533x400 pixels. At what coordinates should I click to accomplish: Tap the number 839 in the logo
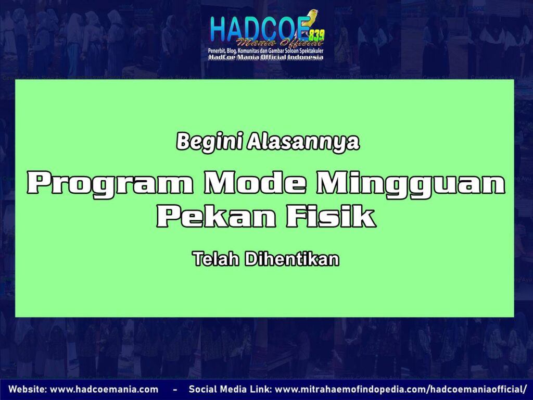[316, 35]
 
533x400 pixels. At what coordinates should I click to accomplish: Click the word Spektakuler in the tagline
[308, 51]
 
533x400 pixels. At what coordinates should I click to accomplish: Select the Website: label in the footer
[27, 390]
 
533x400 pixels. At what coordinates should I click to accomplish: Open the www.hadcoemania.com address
[104, 390]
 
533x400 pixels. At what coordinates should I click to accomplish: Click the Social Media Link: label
[229, 390]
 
